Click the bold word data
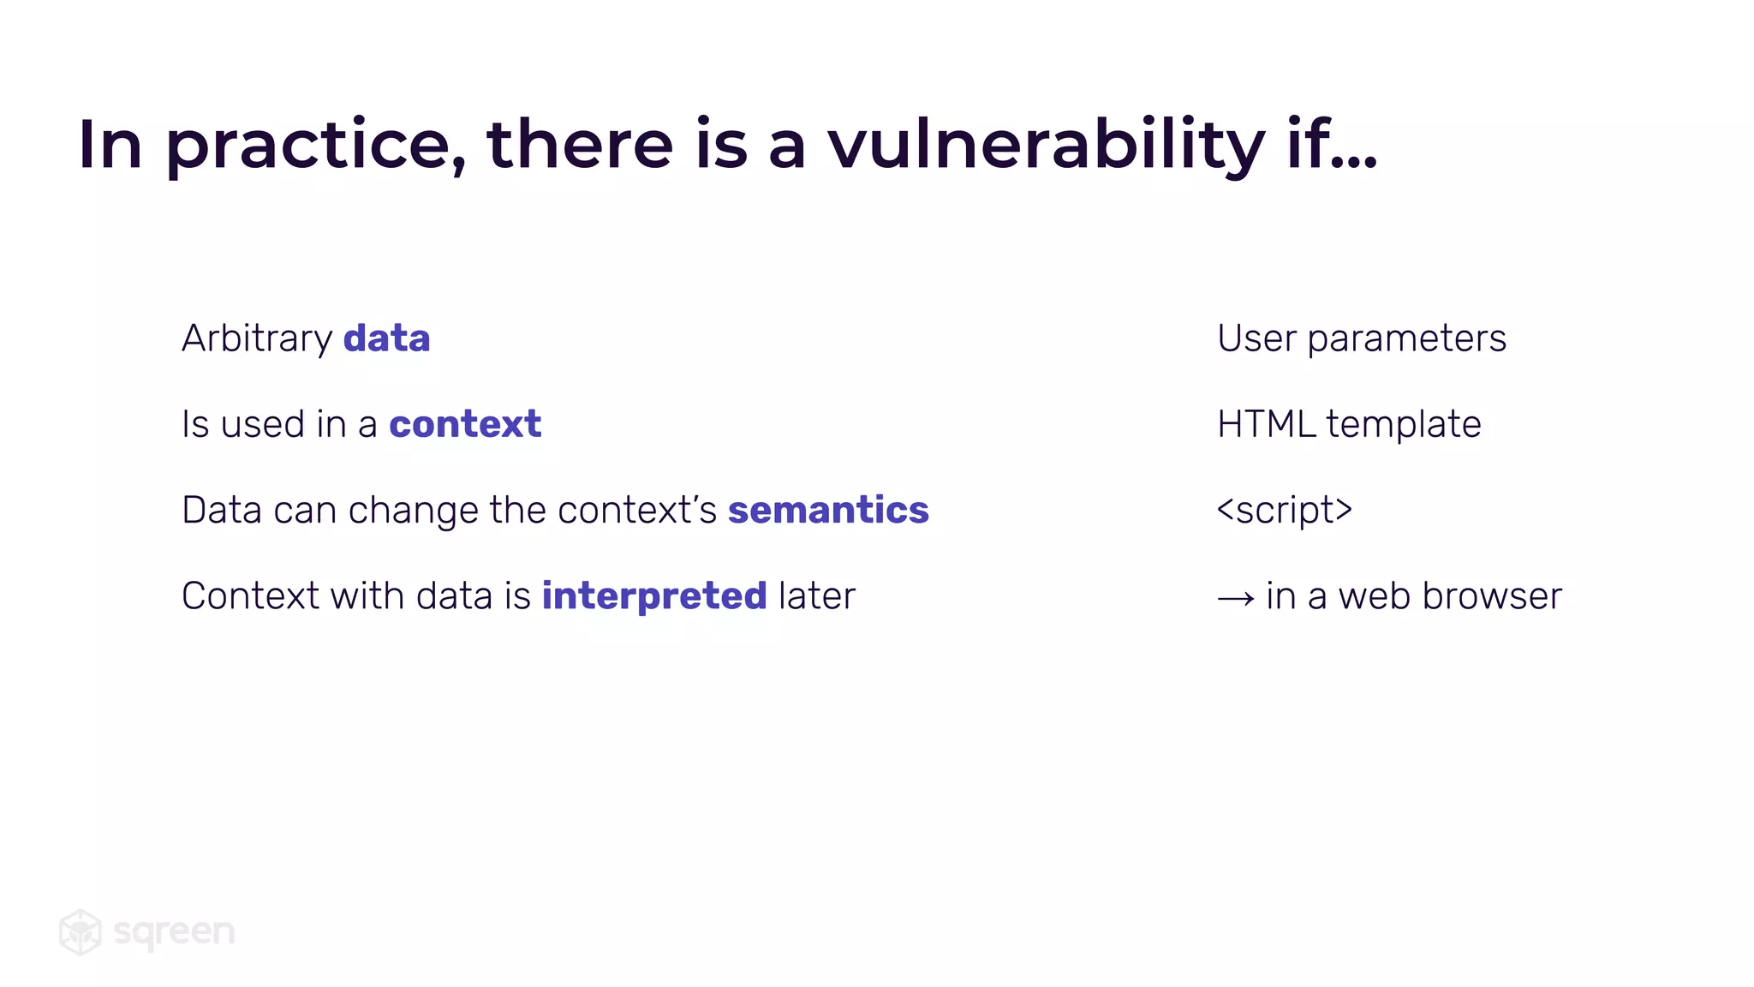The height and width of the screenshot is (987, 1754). click(386, 338)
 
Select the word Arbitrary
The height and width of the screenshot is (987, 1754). click(256, 339)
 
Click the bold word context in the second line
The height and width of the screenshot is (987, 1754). click(465, 424)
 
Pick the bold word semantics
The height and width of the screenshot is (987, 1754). click(828, 510)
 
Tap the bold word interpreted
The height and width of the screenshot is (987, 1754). click(654, 596)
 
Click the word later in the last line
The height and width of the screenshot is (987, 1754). click(817, 596)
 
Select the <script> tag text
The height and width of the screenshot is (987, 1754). click(1284, 510)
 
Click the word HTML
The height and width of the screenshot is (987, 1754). click(1266, 424)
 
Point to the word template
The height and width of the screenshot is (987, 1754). click(1404, 424)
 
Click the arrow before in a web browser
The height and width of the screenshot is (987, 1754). click(1235, 598)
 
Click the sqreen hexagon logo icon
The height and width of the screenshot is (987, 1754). click(81, 931)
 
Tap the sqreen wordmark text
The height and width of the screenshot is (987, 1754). click(174, 932)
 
